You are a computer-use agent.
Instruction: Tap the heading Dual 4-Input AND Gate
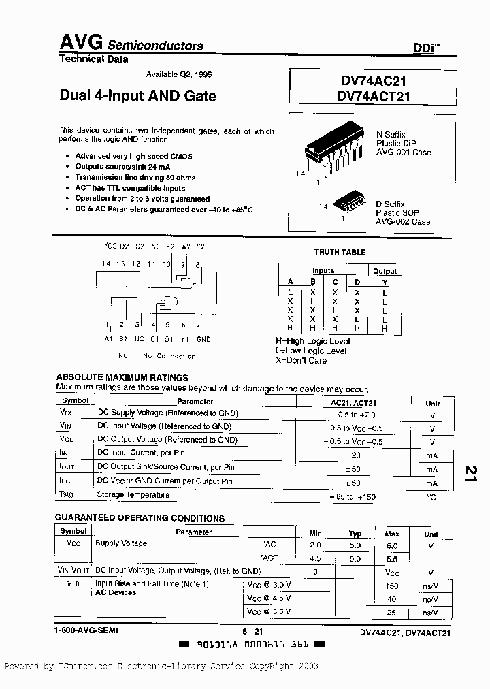138,96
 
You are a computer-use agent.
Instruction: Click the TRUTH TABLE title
340,252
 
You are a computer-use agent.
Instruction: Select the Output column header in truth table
385,271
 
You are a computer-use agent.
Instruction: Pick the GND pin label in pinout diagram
203,339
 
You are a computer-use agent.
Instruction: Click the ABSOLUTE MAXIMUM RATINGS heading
122,377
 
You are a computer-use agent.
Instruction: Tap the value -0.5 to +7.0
353,414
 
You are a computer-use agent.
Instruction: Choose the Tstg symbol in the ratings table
66,495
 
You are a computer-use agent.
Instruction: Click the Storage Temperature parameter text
133,495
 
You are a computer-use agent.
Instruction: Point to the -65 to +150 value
353,497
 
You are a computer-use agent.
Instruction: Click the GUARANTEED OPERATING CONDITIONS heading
140,518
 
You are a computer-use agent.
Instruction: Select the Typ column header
355,534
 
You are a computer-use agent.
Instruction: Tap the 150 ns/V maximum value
392,586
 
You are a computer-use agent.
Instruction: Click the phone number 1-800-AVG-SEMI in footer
86,631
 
